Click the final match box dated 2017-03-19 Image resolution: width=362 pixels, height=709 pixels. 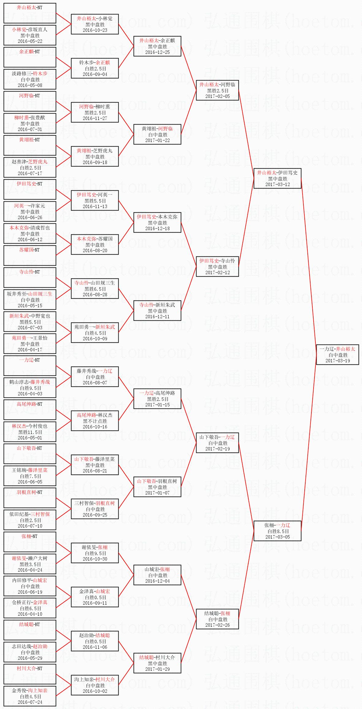click(337, 355)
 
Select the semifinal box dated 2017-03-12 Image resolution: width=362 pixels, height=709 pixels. click(277, 178)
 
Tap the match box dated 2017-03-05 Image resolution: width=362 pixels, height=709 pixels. click(277, 531)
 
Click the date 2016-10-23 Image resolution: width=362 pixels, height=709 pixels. click(95, 30)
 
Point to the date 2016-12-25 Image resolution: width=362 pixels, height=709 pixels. click(157, 52)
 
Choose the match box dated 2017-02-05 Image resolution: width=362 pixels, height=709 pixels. click(217, 90)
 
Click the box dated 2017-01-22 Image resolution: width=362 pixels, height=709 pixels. click(157, 134)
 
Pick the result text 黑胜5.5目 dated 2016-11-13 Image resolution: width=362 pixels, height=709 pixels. click(95, 201)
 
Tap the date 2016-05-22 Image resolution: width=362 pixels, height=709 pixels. click(30, 41)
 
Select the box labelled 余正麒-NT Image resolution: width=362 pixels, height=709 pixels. click(30, 57)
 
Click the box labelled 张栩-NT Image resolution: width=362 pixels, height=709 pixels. click(30, 542)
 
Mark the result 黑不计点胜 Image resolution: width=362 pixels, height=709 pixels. click(95, 421)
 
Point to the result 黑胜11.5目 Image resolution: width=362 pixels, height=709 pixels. click(30, 432)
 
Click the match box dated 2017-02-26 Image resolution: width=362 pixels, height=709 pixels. click(217, 619)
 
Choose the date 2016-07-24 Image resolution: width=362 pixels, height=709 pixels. click(30, 702)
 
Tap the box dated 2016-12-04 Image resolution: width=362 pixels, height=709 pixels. click(157, 575)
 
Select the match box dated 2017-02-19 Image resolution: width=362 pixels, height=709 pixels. click(217, 443)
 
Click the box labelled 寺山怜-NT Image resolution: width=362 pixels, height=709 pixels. click(30, 277)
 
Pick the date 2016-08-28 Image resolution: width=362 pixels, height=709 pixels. click(95, 295)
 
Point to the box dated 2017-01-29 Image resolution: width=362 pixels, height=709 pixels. click(157, 663)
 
